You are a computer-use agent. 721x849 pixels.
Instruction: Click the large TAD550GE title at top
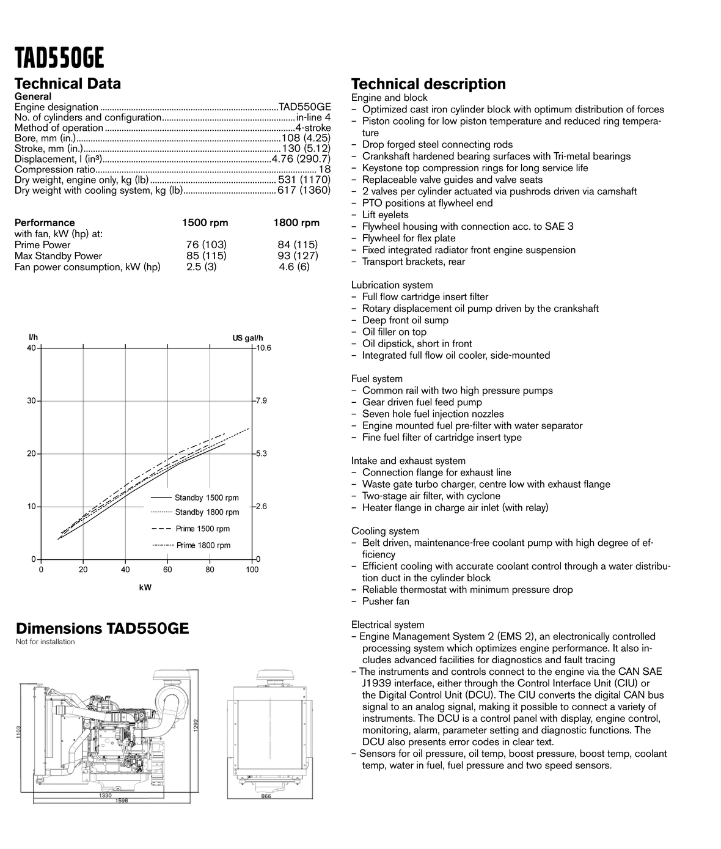[59, 59]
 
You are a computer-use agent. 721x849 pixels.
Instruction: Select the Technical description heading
[428, 84]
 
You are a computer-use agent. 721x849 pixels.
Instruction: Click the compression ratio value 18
[324, 169]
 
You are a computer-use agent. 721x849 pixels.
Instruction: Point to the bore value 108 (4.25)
[306, 138]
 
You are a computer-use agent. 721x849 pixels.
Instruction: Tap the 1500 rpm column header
[205, 222]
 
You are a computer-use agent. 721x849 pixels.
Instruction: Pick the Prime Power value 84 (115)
[298, 244]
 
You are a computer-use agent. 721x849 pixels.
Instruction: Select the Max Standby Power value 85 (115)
[206, 256]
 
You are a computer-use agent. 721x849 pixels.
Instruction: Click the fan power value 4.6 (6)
[294, 267]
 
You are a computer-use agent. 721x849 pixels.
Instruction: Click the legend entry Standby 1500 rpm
[207, 498]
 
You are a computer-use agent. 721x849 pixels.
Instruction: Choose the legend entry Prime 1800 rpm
[203, 545]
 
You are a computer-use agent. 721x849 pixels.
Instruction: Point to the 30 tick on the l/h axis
[30, 401]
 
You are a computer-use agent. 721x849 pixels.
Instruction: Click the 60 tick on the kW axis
[167, 570]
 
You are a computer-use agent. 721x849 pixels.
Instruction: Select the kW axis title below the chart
[145, 587]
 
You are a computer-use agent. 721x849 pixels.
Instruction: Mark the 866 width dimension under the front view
[266, 796]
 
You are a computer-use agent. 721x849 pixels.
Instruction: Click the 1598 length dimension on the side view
[122, 801]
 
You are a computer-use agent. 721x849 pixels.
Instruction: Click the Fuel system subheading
[376, 379]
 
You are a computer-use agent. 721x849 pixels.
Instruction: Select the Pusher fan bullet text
[386, 601]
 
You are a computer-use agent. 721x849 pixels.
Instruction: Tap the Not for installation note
[45, 642]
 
